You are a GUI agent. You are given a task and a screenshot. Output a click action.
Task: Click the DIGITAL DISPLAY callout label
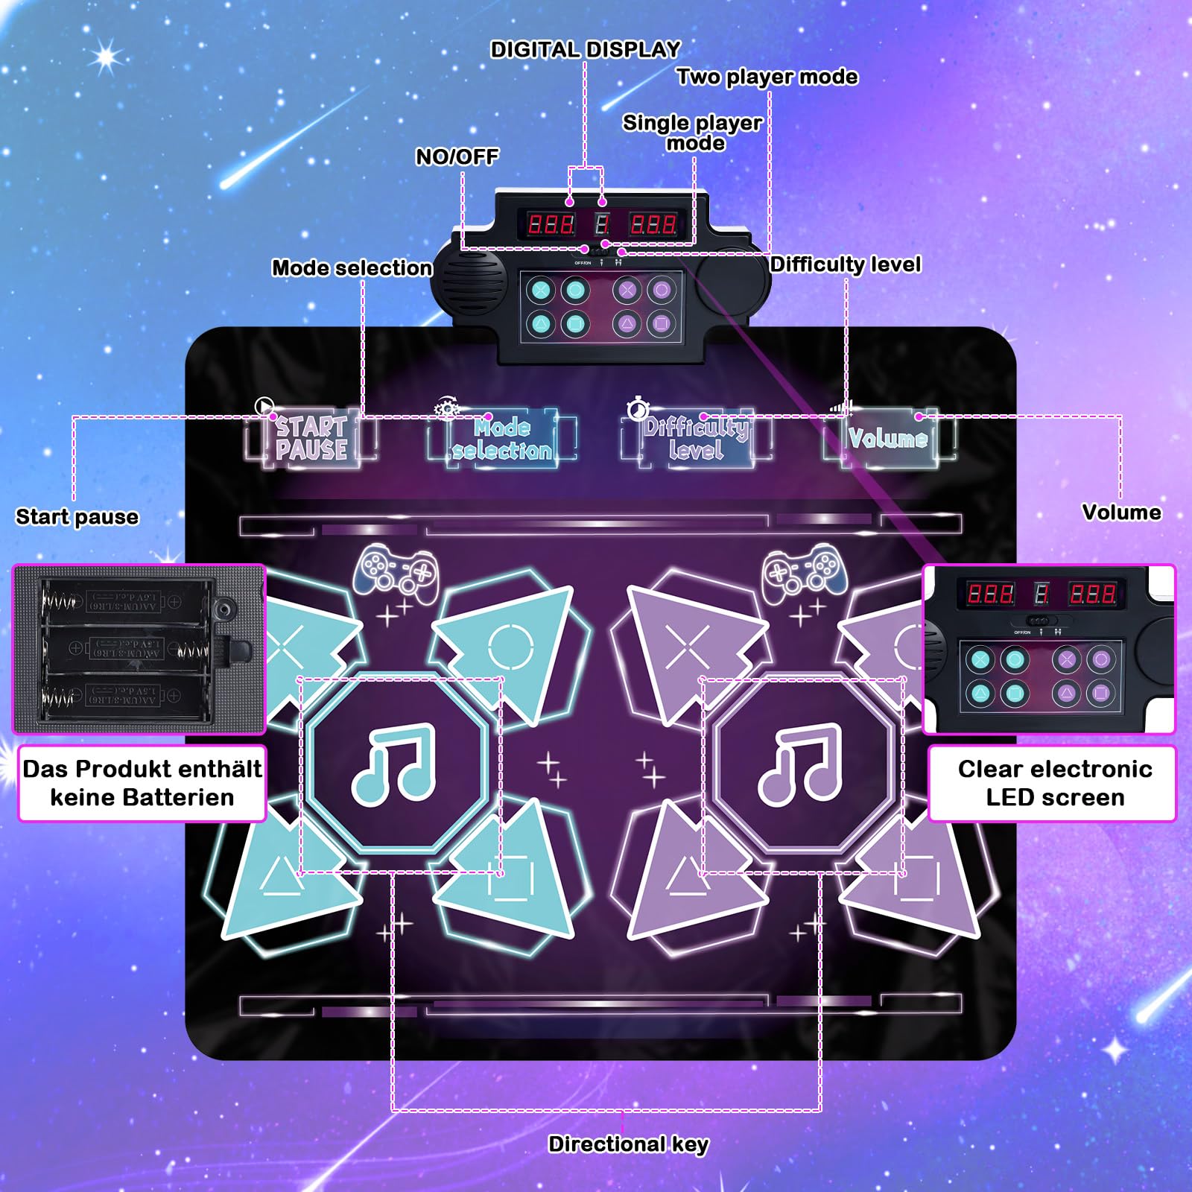[585, 50]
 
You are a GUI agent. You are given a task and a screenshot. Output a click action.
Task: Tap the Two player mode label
[767, 77]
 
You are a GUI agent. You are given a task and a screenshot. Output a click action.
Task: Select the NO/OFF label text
[457, 156]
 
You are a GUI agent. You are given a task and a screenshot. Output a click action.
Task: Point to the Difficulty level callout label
[846, 264]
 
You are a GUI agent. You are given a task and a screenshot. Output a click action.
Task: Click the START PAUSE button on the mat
[311, 439]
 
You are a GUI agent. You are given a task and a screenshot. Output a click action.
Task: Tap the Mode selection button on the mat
[502, 439]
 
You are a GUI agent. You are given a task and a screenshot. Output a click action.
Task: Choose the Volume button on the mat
[888, 439]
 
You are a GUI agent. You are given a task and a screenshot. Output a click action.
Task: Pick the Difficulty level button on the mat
[696, 439]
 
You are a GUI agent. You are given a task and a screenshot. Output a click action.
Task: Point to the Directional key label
[628, 1144]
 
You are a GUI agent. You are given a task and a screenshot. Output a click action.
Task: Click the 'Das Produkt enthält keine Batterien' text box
[142, 783]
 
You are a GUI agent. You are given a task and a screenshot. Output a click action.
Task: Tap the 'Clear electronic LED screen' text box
[1054, 783]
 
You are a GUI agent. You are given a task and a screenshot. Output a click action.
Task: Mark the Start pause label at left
[77, 516]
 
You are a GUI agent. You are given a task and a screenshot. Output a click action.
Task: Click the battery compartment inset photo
[139, 649]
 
